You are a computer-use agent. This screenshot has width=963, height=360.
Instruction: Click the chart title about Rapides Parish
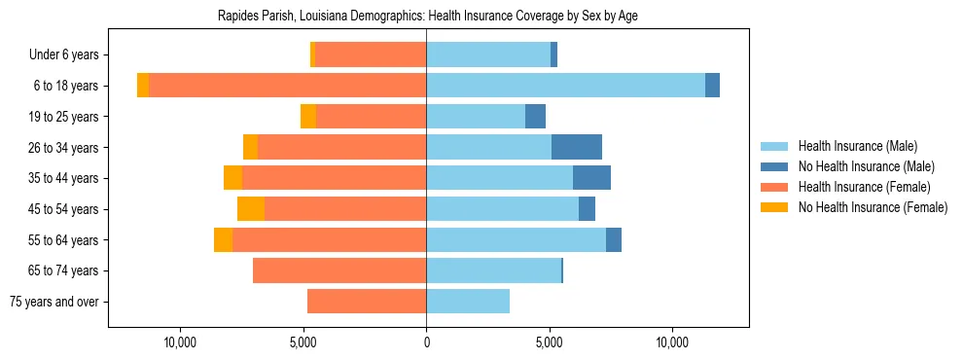tap(428, 17)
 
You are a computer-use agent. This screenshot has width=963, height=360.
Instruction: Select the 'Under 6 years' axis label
tap(70, 55)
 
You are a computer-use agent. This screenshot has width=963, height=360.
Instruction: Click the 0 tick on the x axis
tap(426, 342)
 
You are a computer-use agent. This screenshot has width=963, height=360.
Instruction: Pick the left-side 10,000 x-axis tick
tap(181, 342)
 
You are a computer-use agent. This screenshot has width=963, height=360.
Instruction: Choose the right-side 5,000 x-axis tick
tap(550, 342)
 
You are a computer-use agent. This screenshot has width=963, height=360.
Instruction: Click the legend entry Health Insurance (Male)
tap(857, 146)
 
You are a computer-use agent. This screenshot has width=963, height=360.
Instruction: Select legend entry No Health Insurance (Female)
tap(873, 207)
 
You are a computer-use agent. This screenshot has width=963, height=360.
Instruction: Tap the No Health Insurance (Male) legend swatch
tap(775, 166)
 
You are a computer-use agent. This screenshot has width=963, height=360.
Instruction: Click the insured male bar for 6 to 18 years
tap(565, 86)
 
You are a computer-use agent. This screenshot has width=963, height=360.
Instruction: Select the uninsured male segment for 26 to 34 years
tap(577, 147)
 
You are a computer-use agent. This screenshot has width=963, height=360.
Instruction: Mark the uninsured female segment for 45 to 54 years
tap(251, 209)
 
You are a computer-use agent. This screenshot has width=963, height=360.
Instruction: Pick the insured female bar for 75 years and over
tap(367, 302)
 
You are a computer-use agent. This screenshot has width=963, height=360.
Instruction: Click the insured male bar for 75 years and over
tap(468, 302)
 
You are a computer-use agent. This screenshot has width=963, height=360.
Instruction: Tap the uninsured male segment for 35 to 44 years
tap(591, 178)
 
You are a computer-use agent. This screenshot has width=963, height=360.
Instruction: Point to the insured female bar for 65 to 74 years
tap(339, 270)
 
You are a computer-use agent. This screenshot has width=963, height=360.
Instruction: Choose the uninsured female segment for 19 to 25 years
tap(308, 117)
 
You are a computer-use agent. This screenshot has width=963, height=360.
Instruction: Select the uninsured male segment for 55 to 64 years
tap(614, 239)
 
